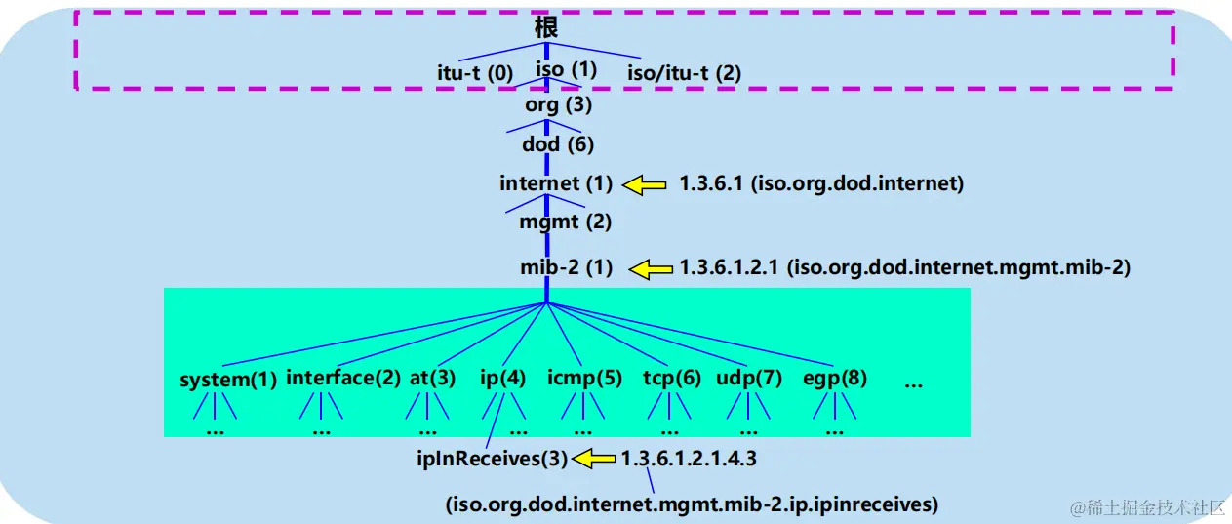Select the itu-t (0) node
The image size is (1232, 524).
click(474, 72)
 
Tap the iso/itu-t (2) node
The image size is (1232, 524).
click(684, 72)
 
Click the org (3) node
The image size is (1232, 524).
click(558, 105)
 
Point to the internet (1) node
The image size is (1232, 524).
click(556, 183)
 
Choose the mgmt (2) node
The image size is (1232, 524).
click(565, 222)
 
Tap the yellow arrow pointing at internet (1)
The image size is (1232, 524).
click(645, 184)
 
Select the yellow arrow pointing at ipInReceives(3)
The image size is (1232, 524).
click(594, 457)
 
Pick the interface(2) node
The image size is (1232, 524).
click(343, 379)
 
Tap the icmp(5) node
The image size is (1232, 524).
click(584, 379)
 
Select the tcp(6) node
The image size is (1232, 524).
click(672, 379)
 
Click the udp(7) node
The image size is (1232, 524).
click(749, 379)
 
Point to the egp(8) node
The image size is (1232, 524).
click(835, 379)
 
